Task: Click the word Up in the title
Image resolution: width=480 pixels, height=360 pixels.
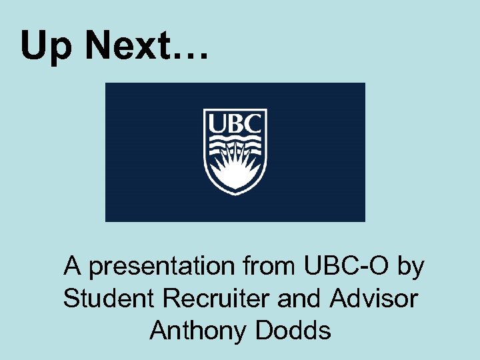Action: tap(44, 47)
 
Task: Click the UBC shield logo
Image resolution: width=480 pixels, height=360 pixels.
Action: tap(235, 152)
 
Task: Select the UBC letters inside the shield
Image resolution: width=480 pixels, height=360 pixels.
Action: tap(235, 124)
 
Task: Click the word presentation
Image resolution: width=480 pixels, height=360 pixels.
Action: tap(161, 267)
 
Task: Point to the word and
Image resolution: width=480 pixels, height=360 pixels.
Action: tap(300, 299)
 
